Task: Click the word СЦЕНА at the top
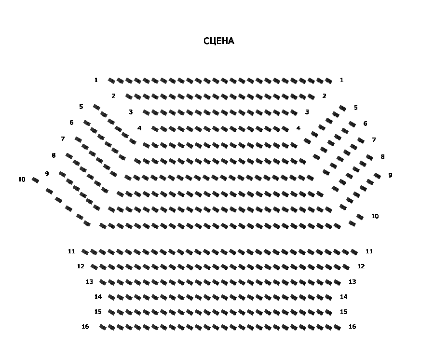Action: pyautogui.click(x=218, y=41)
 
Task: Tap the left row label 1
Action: pyautogui.click(x=96, y=80)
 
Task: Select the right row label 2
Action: pyautogui.click(x=324, y=96)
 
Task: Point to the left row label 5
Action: pyautogui.click(x=81, y=107)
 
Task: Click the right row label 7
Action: pyautogui.click(x=374, y=140)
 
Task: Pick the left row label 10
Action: pyautogui.click(x=22, y=180)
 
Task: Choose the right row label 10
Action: pyautogui.click(x=375, y=216)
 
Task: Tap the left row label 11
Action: pyautogui.click(x=71, y=251)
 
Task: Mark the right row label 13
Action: pyautogui.click(x=352, y=282)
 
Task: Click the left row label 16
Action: pyautogui.click(x=85, y=327)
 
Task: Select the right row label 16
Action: pyautogui.click(x=352, y=327)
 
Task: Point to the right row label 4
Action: pyautogui.click(x=298, y=128)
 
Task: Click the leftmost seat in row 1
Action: pyautogui.click(x=111, y=81)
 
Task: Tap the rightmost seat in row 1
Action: pyautogui.click(x=328, y=81)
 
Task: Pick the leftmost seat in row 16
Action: pyautogui.click(x=103, y=327)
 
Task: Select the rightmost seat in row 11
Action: pyautogui.click(x=354, y=252)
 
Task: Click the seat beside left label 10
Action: pyautogui.click(x=35, y=180)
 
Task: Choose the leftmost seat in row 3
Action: pyautogui.click(x=146, y=112)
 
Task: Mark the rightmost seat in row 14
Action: pyautogui.click(x=328, y=297)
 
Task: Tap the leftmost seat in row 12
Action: pyautogui.click(x=94, y=267)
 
